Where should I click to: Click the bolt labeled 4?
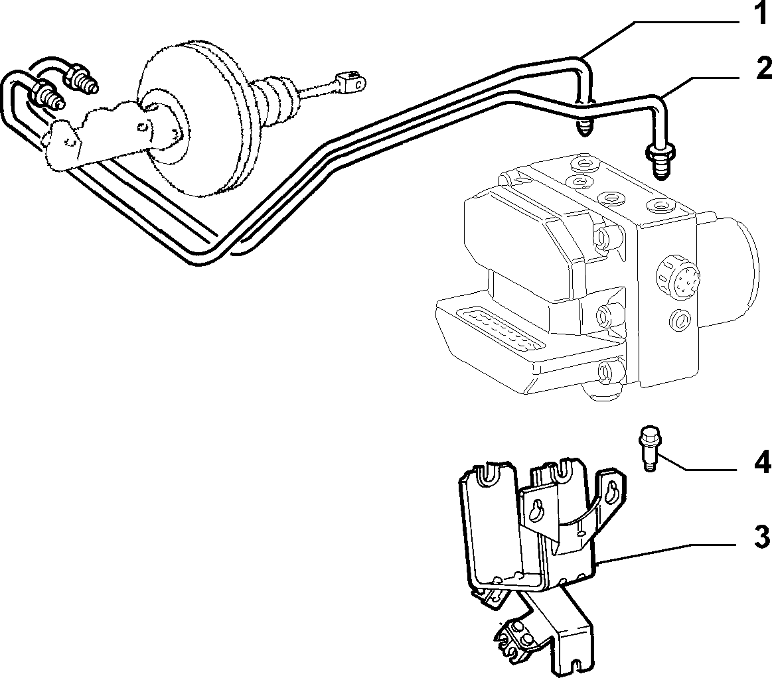click(x=647, y=450)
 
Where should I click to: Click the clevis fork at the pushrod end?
click(x=350, y=82)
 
